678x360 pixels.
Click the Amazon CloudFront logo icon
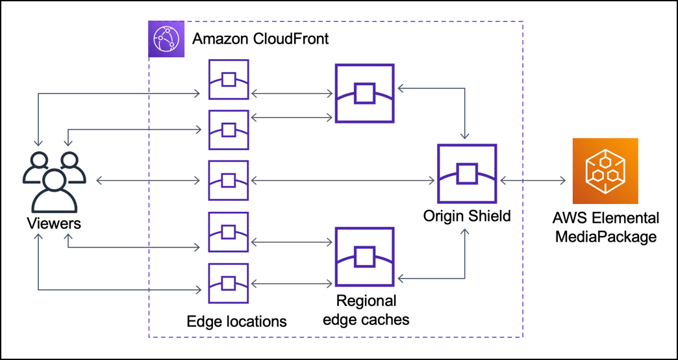[165, 39]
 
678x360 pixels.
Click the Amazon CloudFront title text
[260, 39]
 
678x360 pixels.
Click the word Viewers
[54, 224]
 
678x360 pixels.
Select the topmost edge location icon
[228, 79]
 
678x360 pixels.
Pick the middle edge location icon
[228, 180]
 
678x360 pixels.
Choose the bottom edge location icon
[228, 283]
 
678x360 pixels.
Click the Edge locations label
[236, 321]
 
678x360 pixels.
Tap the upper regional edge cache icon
[364, 94]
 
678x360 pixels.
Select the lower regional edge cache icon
[364, 257]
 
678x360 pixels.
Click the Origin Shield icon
[467, 174]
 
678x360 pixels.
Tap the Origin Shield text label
[466, 215]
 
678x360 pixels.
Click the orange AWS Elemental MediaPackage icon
[605, 171]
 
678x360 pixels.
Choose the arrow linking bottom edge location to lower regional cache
[291, 283]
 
